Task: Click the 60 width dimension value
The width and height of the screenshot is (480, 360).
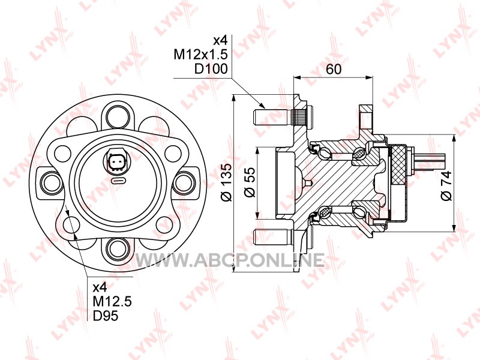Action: point(334,69)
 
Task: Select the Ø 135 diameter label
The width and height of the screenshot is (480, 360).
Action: point(227,183)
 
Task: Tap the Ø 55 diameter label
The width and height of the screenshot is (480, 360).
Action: point(250,182)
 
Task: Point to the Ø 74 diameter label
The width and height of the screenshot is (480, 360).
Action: point(446,185)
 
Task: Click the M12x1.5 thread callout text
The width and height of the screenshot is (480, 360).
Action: point(201,55)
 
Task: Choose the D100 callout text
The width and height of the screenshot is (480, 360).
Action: point(211,69)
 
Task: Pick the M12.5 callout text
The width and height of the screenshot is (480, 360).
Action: point(112,302)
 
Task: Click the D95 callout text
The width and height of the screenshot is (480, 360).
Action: point(106,316)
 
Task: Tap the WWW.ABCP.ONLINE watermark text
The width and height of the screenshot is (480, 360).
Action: point(230,260)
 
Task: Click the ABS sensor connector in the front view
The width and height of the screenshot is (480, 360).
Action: point(117,161)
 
